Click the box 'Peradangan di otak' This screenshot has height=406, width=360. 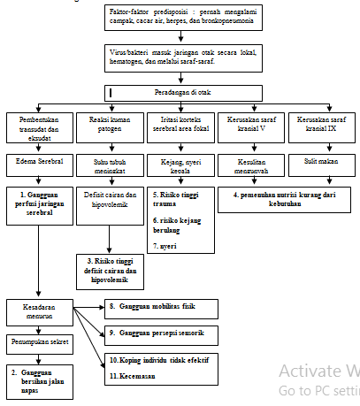(x=182, y=92)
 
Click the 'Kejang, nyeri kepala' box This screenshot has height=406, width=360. (x=180, y=167)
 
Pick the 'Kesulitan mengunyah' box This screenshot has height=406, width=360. (x=249, y=167)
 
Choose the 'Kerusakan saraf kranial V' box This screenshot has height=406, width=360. (x=249, y=123)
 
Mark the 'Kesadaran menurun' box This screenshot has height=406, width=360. (x=39, y=311)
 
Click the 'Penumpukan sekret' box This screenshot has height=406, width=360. (x=39, y=340)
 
